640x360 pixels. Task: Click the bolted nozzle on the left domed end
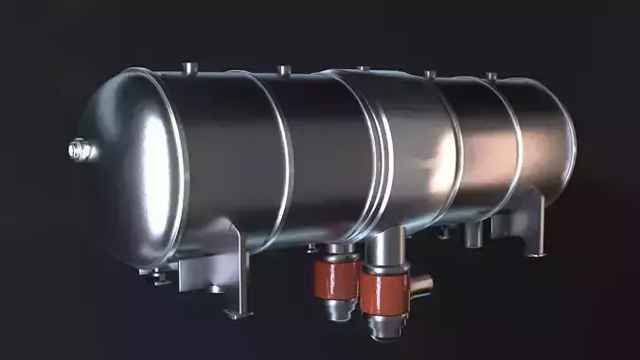coord(79,149)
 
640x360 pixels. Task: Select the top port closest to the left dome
coord(190,67)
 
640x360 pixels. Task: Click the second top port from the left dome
coord(282,70)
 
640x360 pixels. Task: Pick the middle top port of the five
coord(363,68)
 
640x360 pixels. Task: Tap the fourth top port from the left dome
coord(429,73)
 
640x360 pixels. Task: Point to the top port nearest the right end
coord(490,75)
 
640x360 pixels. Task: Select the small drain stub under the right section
coord(472,231)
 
